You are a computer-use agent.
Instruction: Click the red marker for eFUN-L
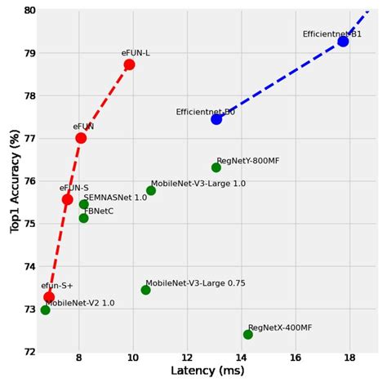(129, 64)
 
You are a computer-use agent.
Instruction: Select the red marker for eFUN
(81, 138)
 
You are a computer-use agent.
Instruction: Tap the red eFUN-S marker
(67, 199)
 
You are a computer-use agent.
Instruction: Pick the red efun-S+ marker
(49, 297)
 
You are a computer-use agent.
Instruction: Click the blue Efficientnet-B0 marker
(216, 119)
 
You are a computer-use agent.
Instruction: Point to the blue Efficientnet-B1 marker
(343, 41)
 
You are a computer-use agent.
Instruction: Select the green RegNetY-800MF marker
(216, 167)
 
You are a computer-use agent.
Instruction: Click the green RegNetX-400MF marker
(248, 334)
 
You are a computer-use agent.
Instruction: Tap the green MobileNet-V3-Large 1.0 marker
(151, 190)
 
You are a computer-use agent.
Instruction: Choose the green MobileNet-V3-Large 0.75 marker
(145, 290)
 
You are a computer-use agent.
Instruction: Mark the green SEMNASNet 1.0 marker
(84, 204)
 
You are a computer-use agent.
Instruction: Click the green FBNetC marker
(83, 218)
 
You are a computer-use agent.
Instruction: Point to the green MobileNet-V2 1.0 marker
(45, 310)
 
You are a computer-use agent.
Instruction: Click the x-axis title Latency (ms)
(207, 372)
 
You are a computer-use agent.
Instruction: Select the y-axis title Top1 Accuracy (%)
(14, 181)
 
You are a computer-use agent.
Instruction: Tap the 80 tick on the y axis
(30, 11)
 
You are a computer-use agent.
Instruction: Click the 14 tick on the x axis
(241, 358)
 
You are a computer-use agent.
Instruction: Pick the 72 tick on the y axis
(30, 352)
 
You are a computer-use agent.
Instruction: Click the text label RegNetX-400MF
(280, 327)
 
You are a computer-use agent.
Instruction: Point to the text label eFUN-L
(136, 53)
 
